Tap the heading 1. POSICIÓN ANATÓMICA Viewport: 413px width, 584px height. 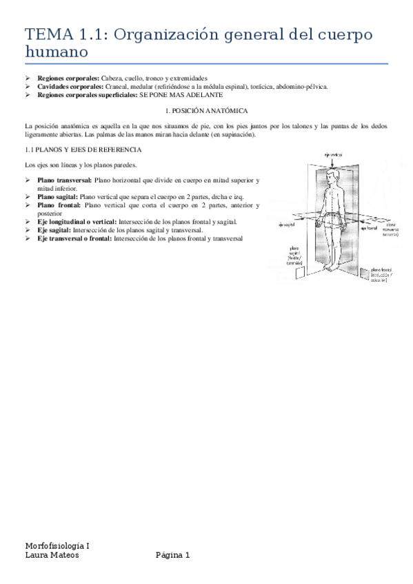[207, 110]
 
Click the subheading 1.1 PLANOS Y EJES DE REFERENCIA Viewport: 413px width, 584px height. [83, 149]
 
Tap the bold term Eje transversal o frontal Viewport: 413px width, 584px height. [74, 238]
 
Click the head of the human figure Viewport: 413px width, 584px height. [334, 177]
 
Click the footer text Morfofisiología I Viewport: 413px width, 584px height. [57, 545]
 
